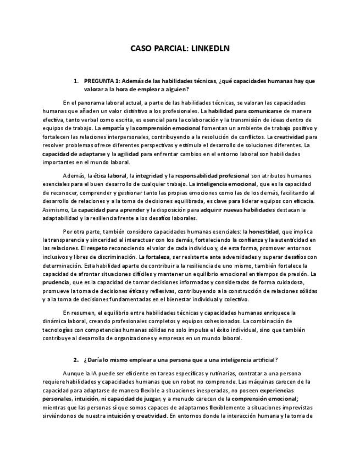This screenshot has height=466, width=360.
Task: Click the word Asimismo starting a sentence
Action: click(x=54, y=210)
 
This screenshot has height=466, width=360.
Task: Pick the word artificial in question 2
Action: click(x=263, y=359)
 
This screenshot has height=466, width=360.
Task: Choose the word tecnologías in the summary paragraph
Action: click(x=60, y=330)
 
